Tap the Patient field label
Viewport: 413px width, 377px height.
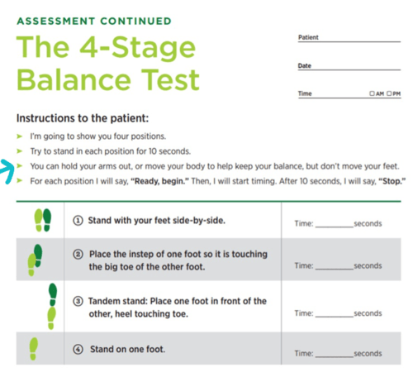(308, 38)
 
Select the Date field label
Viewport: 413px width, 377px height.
(305, 66)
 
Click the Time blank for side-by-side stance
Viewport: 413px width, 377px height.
(334, 224)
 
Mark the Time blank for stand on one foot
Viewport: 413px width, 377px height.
(334, 354)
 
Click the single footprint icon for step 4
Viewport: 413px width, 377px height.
(34, 348)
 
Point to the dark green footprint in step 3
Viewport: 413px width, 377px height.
(52, 293)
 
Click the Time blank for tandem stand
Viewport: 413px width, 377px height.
(334, 314)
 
